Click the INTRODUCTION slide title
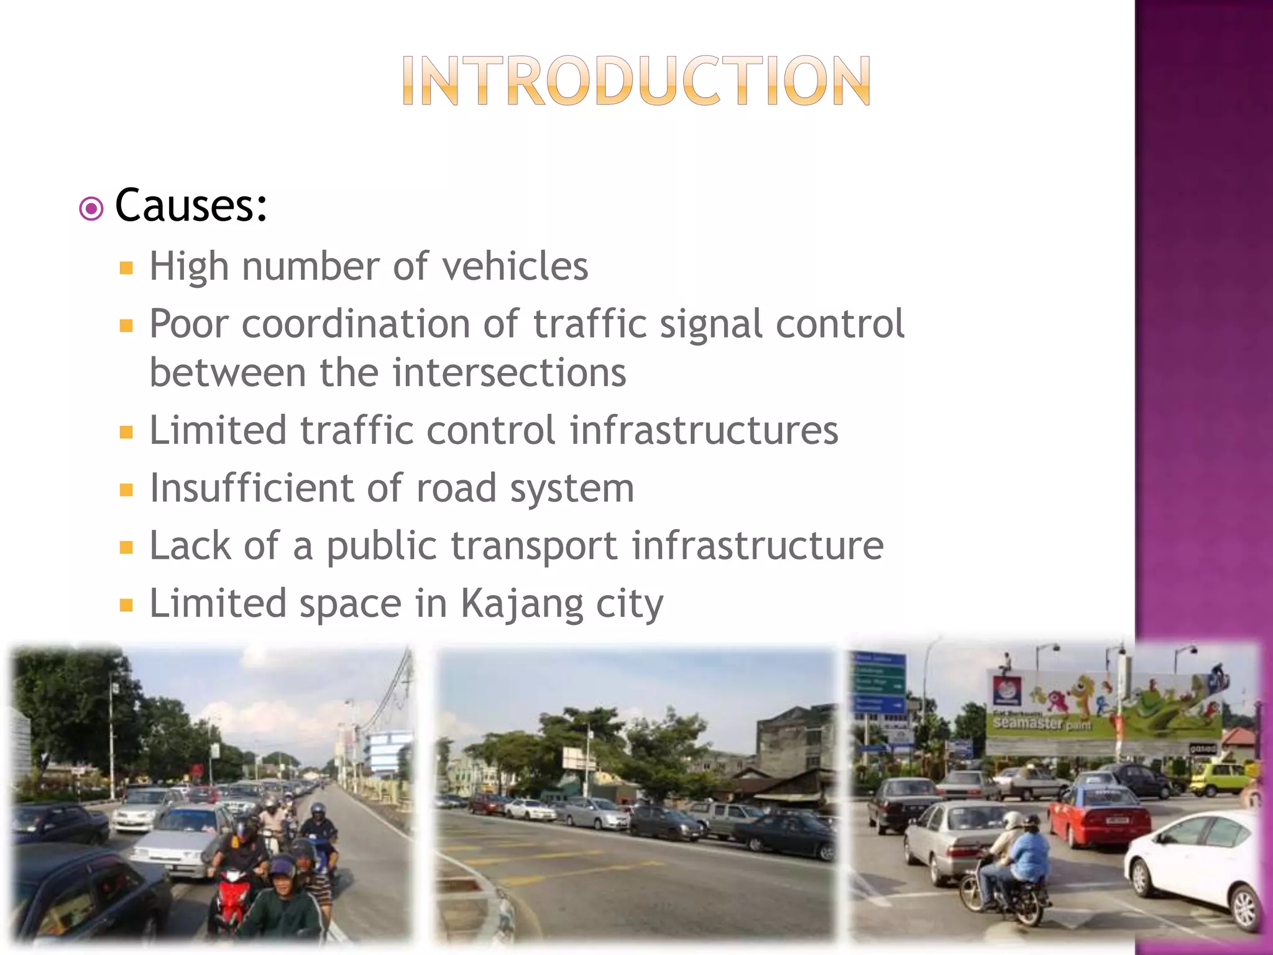coord(636,81)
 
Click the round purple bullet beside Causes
coord(91,209)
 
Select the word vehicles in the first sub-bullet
coord(515,266)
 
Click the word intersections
coord(509,372)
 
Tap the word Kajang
coord(521,604)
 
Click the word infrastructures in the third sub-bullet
coord(704,430)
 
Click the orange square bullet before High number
coord(127,269)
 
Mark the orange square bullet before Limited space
coord(127,605)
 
